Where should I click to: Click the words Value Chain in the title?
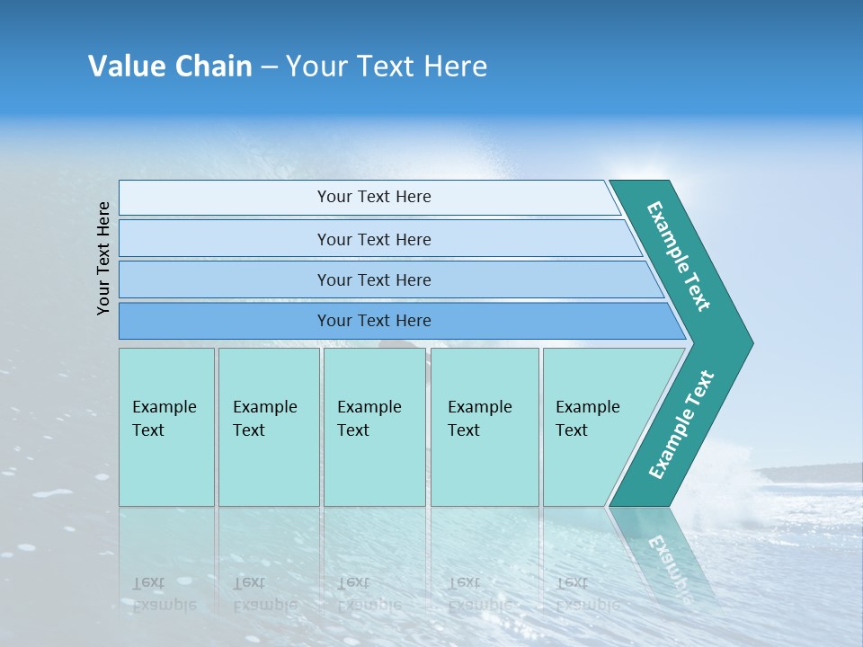[170, 66]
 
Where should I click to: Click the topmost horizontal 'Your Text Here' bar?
[374, 197]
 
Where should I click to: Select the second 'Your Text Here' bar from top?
[374, 239]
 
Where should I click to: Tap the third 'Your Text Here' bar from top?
[374, 279]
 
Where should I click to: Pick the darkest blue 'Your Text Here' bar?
[374, 321]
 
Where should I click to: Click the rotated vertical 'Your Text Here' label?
[103, 258]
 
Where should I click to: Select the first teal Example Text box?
[166, 427]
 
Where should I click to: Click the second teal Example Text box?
[269, 427]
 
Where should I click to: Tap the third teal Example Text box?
[374, 427]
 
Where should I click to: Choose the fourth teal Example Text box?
[485, 427]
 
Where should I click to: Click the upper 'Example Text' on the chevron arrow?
[679, 256]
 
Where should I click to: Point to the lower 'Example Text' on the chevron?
[681, 425]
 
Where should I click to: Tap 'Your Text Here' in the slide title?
[387, 66]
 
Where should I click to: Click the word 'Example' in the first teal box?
[164, 407]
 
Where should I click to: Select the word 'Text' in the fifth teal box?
[571, 430]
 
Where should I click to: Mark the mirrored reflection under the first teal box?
[166, 557]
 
